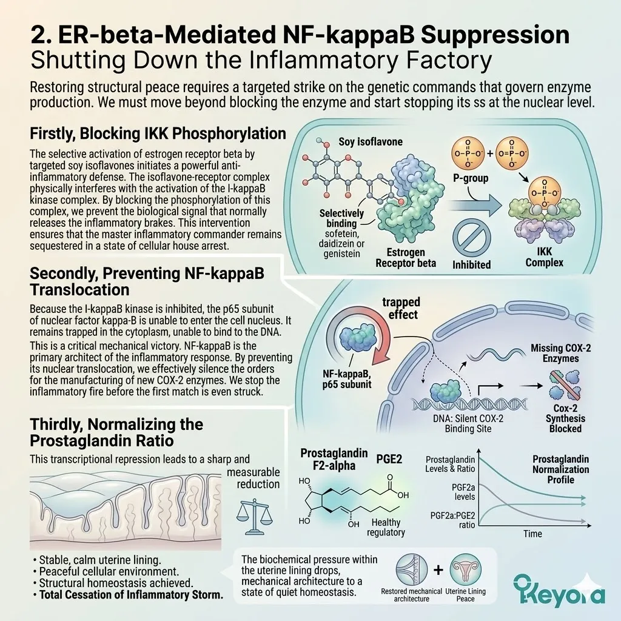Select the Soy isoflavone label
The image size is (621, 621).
371,142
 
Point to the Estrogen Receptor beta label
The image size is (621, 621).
406,257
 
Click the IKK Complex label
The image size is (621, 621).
544,257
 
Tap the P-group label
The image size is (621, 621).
471,178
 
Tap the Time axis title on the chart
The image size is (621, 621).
532,534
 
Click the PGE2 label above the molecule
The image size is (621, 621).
389,459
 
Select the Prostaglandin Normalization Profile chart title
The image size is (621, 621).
560,469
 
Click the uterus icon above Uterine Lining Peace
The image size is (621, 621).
466,569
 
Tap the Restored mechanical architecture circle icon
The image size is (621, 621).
412,569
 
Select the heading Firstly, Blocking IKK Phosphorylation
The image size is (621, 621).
158,134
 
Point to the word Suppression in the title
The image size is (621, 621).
495,35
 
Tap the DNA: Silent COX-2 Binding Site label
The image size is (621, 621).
468,423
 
